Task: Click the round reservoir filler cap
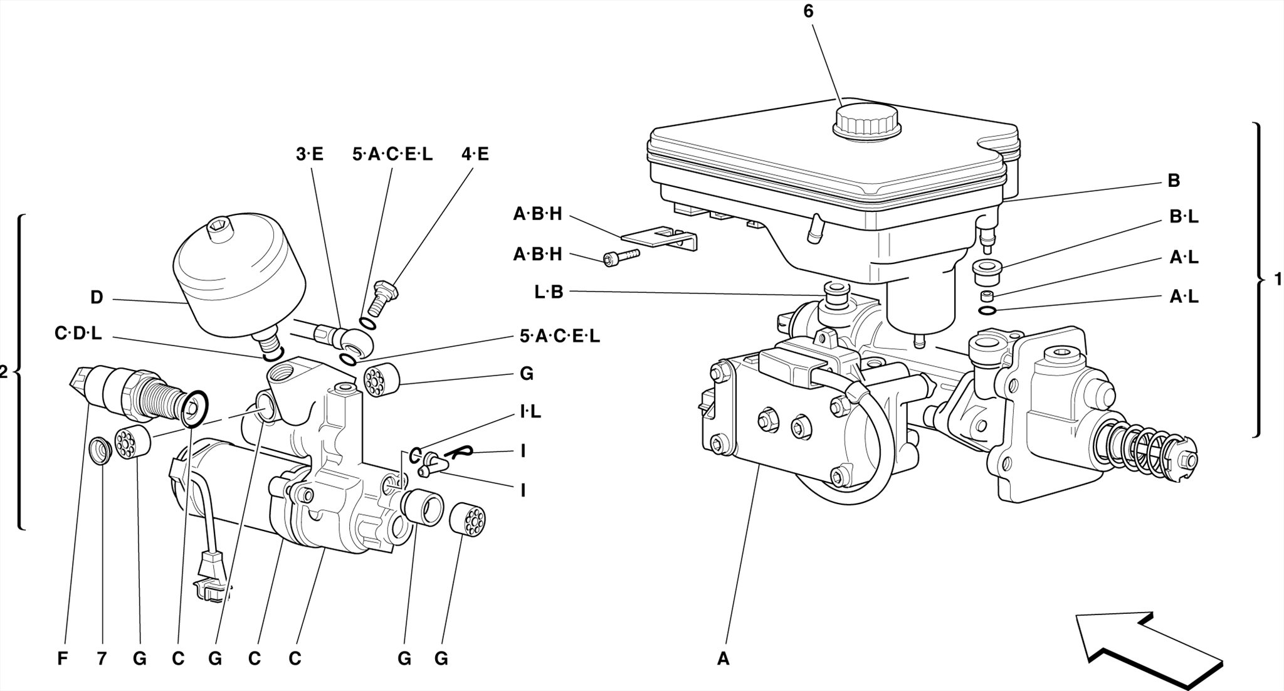coord(866,121)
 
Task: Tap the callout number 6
coord(809,11)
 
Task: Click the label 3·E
coord(310,154)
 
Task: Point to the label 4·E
coord(475,154)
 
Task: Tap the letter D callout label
coord(96,298)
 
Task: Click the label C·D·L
coord(78,334)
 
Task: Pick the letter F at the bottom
coord(62,659)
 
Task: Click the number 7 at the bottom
coord(102,659)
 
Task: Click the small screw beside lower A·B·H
coord(621,257)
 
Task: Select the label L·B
coord(549,292)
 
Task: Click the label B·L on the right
coord(1184,217)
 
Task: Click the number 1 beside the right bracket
coord(1277,280)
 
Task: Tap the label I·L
coord(530,412)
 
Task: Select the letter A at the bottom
coord(724,659)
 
